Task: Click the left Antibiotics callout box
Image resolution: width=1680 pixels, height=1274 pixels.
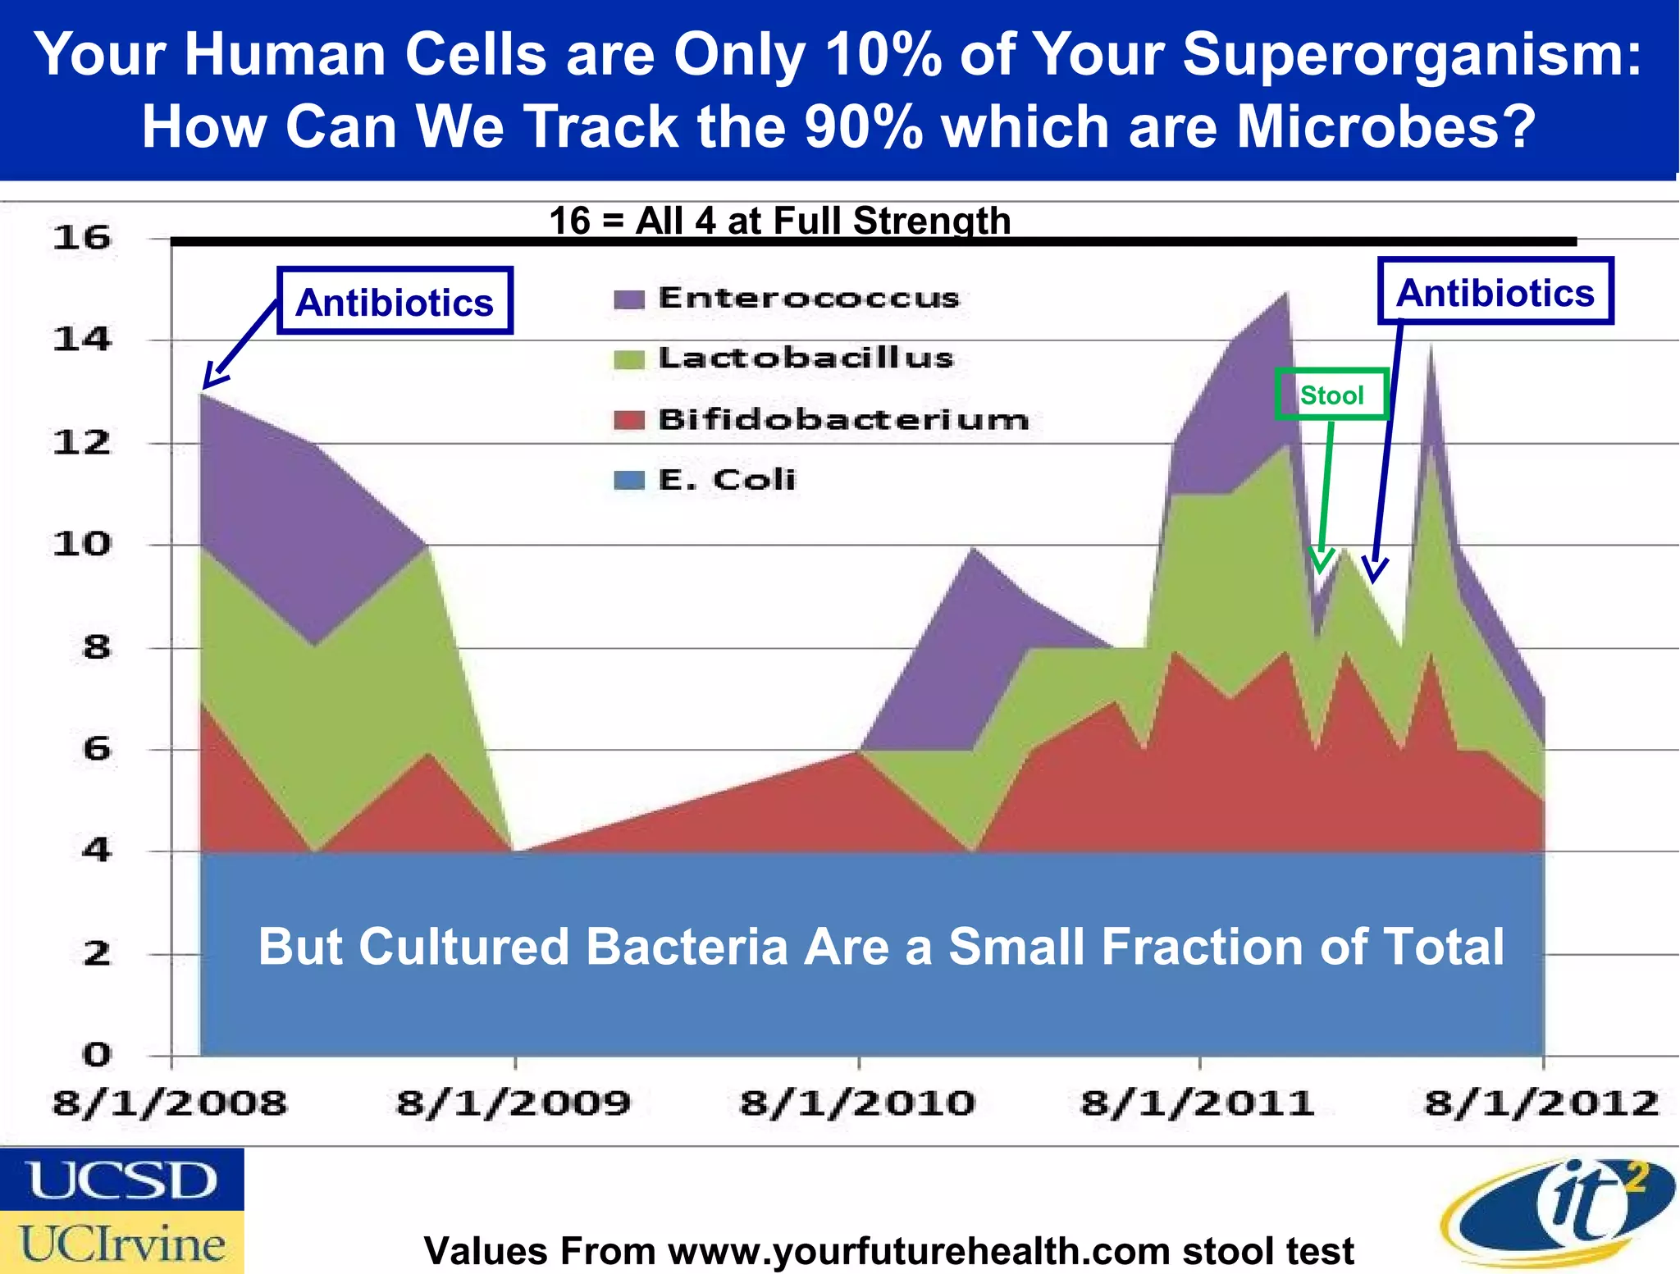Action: (x=395, y=301)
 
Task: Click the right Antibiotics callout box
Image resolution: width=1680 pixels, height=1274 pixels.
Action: (x=1495, y=292)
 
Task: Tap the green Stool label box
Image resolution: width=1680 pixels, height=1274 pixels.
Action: (x=1331, y=395)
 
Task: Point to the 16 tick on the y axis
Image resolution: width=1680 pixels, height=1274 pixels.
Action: (x=81, y=238)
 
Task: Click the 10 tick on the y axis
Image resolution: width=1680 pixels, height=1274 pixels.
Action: (x=81, y=544)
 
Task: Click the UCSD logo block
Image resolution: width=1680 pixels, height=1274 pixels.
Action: (x=121, y=1180)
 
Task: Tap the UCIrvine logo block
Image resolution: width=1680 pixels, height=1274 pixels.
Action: (x=121, y=1243)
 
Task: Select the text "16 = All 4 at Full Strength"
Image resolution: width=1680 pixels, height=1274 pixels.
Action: (x=779, y=221)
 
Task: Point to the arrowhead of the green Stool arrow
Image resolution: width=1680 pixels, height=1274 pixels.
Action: (x=1320, y=564)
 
